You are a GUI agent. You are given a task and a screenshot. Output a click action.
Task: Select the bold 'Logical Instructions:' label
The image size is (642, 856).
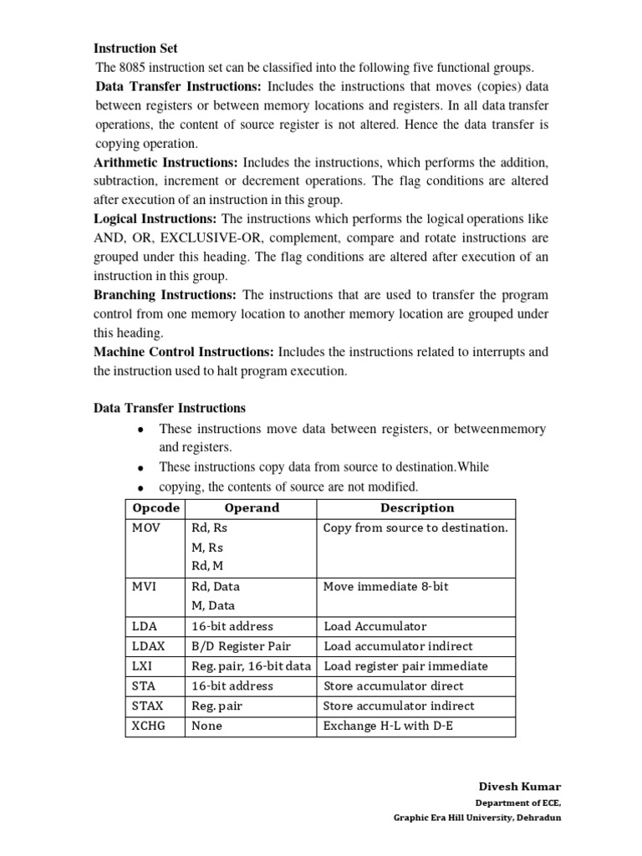[x=155, y=218]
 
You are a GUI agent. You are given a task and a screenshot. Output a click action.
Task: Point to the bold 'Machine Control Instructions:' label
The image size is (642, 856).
[x=184, y=352]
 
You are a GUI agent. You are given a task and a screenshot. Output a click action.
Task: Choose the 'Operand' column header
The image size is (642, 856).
[x=252, y=508]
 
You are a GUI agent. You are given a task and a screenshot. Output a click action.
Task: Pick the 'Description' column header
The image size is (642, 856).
[x=417, y=508]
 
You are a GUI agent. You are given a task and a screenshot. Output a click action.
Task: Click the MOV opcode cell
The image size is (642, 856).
[x=145, y=528]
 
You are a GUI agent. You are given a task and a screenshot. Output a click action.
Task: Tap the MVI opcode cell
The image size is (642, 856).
[x=145, y=587]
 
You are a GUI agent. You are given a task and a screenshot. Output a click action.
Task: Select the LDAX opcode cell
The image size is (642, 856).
[x=148, y=646]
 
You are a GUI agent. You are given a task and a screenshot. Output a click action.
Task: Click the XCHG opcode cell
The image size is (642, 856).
[x=149, y=726]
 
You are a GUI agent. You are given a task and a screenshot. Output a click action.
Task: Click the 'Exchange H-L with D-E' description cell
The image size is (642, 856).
[x=387, y=726]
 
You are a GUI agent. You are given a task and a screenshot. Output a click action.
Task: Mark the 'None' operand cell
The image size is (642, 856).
[x=206, y=726]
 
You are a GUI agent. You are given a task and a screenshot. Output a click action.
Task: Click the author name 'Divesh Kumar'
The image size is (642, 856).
[x=520, y=787]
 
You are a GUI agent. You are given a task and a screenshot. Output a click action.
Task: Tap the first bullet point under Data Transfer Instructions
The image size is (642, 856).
[x=141, y=430]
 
